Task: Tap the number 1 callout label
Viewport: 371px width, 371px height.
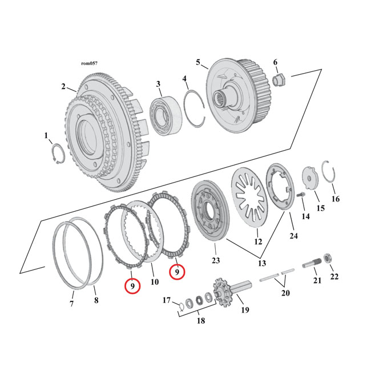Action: (x=46, y=135)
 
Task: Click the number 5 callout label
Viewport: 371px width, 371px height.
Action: (x=197, y=62)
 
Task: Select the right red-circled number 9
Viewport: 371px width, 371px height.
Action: (x=177, y=272)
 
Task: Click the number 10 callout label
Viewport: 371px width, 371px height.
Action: (x=154, y=282)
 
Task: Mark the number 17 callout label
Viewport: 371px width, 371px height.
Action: (x=167, y=300)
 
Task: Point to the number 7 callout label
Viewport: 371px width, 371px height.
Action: (x=71, y=304)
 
